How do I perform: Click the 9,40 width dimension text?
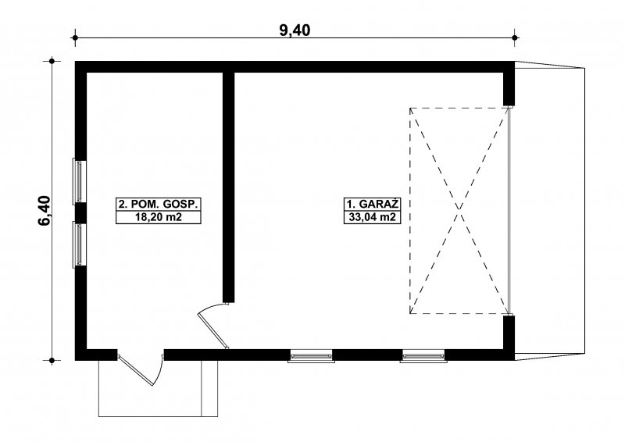(295, 30)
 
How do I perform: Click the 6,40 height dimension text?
(45, 211)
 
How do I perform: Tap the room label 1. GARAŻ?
(373, 205)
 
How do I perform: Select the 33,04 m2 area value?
(373, 217)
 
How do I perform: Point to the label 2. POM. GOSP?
(159, 205)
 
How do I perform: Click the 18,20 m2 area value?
(159, 217)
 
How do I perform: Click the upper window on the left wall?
(80, 181)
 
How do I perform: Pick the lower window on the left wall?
(80, 244)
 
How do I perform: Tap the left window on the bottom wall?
(311, 355)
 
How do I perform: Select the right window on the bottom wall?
(423, 355)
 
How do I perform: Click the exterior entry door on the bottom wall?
(140, 369)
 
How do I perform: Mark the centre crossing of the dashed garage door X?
(459, 210)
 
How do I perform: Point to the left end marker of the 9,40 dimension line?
(74, 37)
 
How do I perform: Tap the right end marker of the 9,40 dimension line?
(515, 37)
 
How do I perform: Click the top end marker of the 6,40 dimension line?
(52, 62)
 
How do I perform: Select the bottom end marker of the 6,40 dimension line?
(52, 360)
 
